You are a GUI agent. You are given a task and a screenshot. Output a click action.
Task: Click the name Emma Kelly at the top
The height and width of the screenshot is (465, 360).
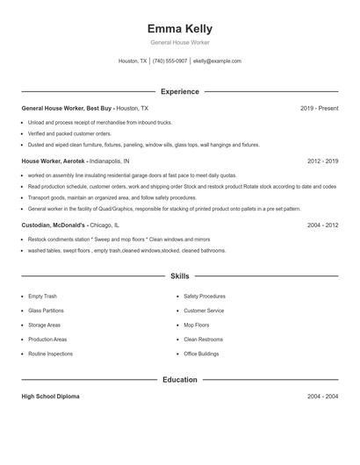click(x=180, y=29)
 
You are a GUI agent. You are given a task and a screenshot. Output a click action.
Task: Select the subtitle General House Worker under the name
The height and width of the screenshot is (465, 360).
click(x=180, y=42)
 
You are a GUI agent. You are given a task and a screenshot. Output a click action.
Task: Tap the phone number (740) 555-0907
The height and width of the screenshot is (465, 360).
click(x=169, y=61)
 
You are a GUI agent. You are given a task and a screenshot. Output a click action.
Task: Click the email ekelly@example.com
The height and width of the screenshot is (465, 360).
click(x=217, y=61)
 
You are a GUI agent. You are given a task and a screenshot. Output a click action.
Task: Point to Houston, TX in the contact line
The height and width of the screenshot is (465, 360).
click(x=133, y=61)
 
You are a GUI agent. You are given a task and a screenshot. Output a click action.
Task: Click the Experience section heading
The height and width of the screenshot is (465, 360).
click(x=180, y=91)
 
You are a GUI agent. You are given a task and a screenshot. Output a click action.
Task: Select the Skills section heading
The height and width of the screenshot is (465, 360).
click(x=180, y=276)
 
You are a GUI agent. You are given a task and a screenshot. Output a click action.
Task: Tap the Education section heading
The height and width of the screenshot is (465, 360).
click(x=180, y=380)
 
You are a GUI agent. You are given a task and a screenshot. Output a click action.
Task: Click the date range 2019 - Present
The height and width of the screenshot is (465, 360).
click(x=319, y=108)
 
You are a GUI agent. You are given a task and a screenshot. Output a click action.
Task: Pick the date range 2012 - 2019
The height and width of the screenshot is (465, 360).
click(x=322, y=161)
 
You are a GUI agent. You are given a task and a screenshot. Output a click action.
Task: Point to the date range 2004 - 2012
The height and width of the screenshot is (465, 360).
click(x=322, y=225)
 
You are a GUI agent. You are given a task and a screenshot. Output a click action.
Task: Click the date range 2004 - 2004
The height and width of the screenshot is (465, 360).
click(x=322, y=397)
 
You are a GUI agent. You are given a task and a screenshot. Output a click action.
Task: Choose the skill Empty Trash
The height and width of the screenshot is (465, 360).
click(x=42, y=297)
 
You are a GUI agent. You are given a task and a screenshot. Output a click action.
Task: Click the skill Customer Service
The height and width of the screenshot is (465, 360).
click(x=204, y=311)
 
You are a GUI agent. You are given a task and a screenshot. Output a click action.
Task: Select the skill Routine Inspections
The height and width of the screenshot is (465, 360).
click(x=50, y=354)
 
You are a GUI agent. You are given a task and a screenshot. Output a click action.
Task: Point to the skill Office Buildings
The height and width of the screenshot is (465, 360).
click(x=201, y=354)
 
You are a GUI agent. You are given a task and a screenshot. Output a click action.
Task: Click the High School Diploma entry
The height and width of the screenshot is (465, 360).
click(x=50, y=397)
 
